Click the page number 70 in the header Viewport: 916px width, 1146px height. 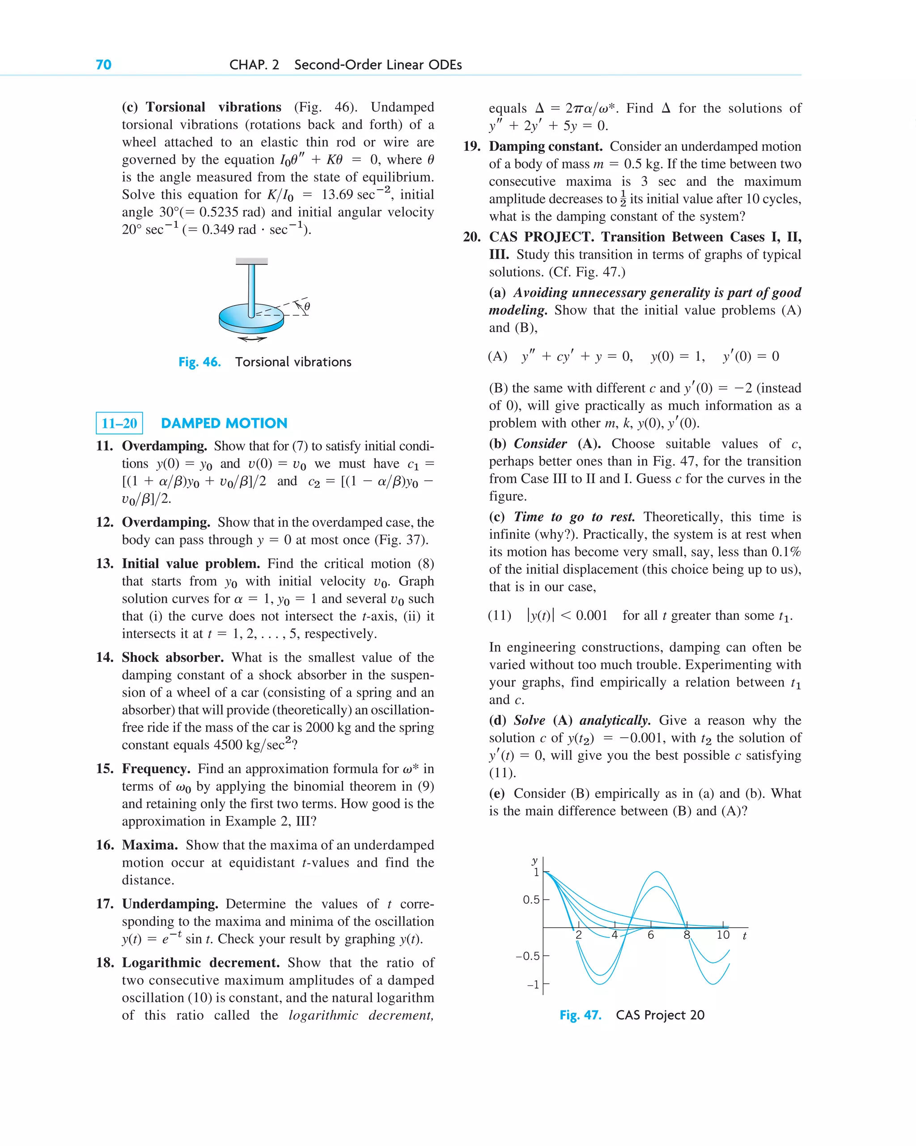(x=104, y=65)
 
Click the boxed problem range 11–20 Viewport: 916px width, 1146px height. (x=119, y=424)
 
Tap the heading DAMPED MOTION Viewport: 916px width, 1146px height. (x=224, y=423)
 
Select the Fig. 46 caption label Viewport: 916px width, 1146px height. (x=199, y=362)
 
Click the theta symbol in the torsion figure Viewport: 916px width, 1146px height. (x=307, y=307)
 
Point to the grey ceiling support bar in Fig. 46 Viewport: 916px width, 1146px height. (x=251, y=261)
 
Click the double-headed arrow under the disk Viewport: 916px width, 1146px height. (x=252, y=339)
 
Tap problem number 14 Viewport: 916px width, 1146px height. (x=104, y=657)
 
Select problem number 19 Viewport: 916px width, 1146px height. (x=471, y=146)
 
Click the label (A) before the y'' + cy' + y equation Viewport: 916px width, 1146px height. (x=497, y=356)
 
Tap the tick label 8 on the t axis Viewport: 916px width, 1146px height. (x=687, y=935)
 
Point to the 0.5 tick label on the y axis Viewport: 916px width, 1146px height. (x=531, y=899)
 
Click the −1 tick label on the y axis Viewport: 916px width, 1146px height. (x=533, y=984)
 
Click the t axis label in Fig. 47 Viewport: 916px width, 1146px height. (x=744, y=936)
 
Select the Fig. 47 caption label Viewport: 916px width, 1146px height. (x=580, y=1015)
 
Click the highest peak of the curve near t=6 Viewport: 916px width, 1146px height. (x=657, y=872)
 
